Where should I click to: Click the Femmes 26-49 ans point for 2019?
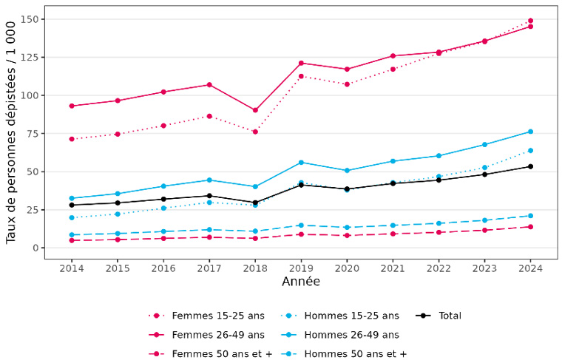click(301, 63)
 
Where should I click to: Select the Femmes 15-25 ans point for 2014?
click(72, 139)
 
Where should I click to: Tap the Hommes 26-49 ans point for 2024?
click(530, 132)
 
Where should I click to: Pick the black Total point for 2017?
click(209, 196)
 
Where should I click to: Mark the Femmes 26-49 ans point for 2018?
click(255, 110)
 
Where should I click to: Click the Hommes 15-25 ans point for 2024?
click(530, 151)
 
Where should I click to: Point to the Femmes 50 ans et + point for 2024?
click(530, 227)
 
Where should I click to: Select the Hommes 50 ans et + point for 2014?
click(72, 235)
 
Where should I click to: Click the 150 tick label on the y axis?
click(30, 19)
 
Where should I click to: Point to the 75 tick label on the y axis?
click(33, 134)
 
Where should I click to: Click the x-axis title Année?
click(301, 282)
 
